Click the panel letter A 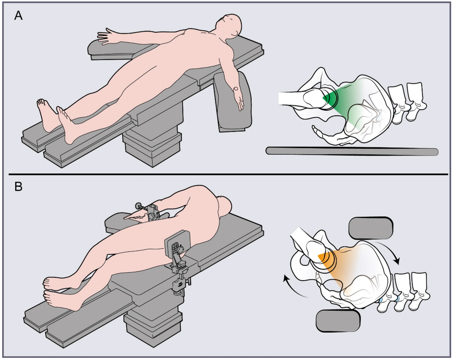[18, 16]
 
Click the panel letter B [19, 187]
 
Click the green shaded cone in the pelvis [345, 105]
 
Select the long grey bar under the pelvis [352, 151]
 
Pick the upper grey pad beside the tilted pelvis [371, 228]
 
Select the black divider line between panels [228, 174]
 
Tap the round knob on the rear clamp [138, 205]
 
